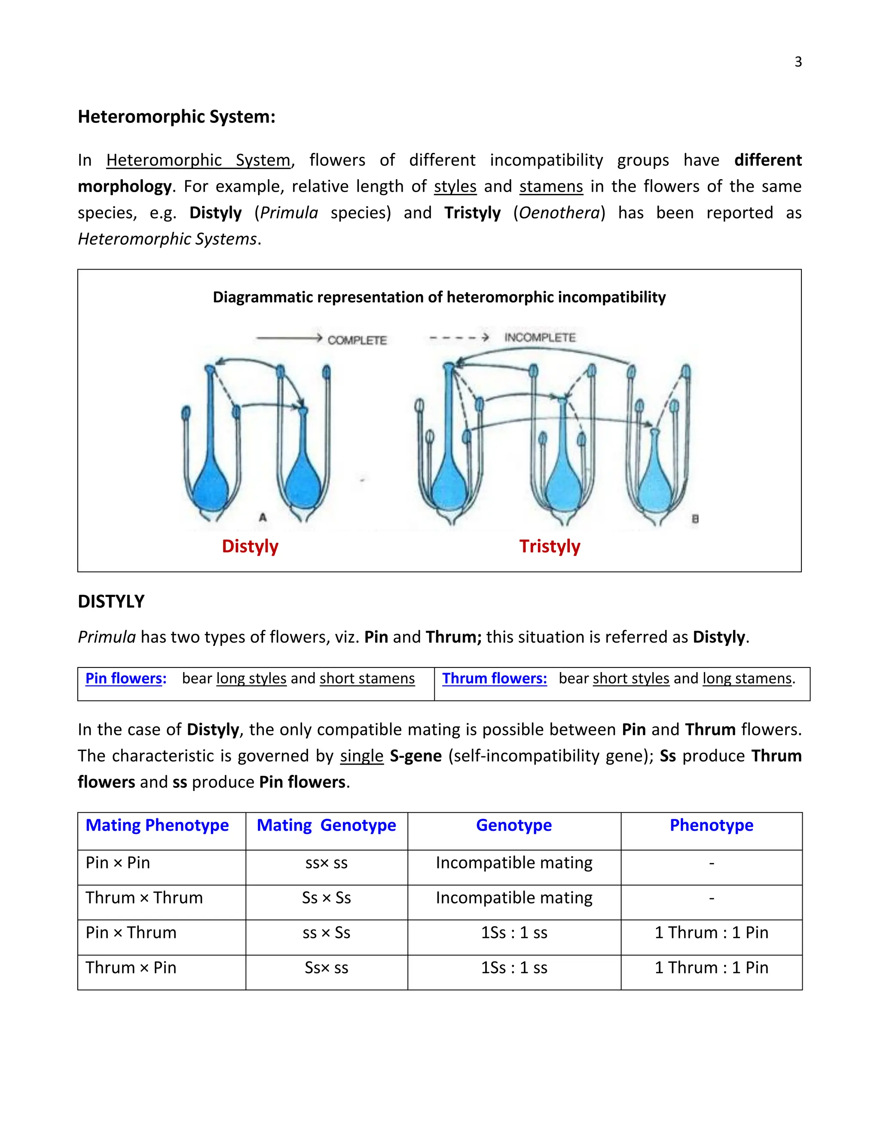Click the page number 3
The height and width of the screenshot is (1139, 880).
797,62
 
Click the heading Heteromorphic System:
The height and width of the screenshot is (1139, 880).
176,116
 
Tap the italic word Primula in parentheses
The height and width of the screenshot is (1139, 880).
289,213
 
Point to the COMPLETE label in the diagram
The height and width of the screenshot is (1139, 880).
357,340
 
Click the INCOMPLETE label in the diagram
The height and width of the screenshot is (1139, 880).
540,337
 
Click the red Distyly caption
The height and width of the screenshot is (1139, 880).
250,546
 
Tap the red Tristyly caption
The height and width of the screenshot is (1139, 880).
550,546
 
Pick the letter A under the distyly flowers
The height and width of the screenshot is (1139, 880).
263,517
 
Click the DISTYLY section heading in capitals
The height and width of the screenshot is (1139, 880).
111,601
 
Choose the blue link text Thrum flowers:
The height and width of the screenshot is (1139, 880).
494,679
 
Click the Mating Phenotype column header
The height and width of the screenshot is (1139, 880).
157,825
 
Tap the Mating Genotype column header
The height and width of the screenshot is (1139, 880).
327,825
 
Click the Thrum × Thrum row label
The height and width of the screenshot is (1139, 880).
144,897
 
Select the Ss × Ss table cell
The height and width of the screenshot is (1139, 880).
327,897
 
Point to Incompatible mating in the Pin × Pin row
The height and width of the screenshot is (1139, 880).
514,863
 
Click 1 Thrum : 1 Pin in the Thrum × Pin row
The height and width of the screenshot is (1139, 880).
711,968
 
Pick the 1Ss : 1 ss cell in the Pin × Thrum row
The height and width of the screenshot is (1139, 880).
514,933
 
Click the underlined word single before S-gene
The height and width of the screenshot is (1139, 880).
362,756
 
